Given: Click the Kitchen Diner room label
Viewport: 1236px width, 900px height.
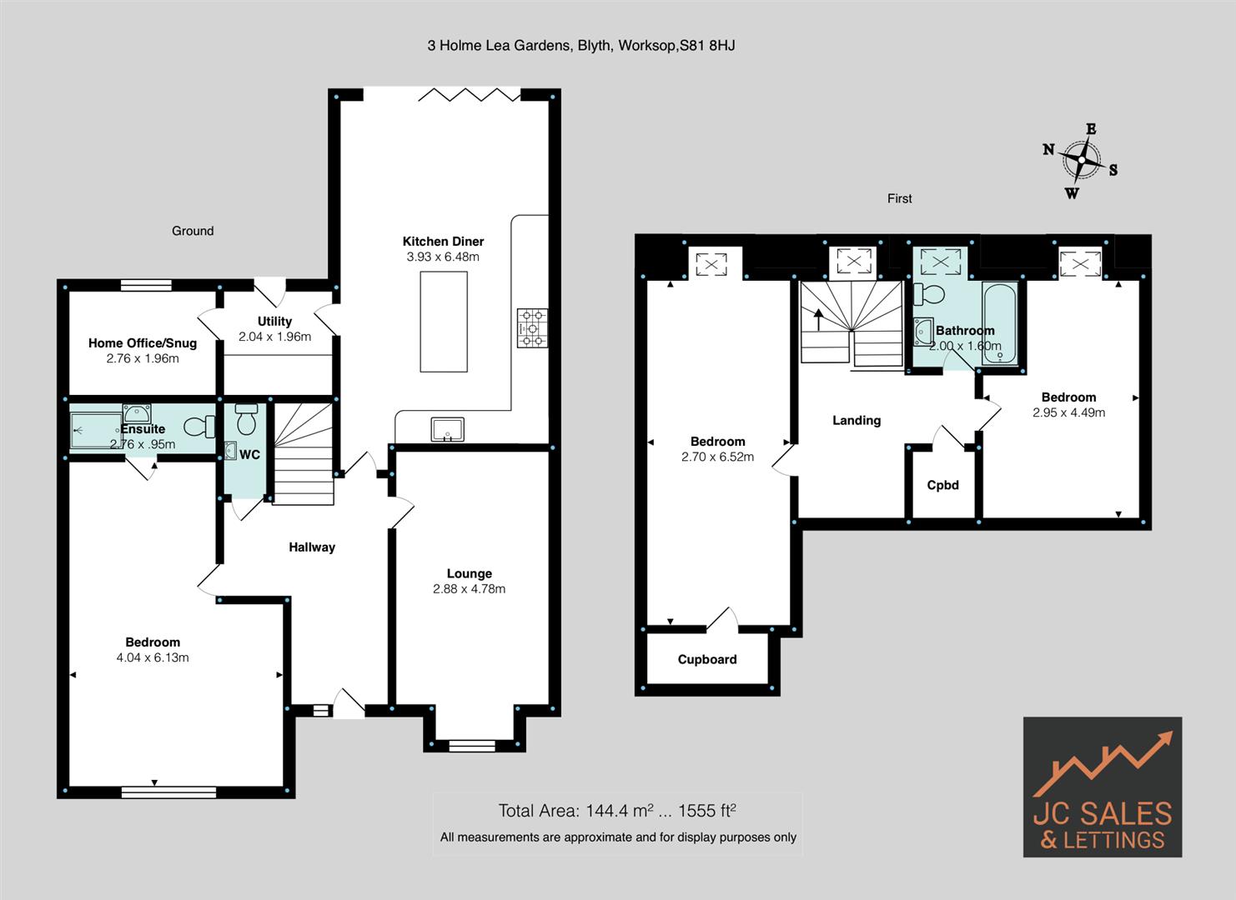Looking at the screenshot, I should [x=443, y=242].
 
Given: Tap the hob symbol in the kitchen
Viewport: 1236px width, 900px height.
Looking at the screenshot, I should [x=533, y=327].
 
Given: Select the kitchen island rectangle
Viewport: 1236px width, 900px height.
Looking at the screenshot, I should [x=444, y=321].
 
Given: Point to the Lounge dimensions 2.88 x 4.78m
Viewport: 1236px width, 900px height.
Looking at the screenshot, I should [x=469, y=589].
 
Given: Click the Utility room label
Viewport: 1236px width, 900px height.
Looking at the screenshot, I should [x=274, y=322].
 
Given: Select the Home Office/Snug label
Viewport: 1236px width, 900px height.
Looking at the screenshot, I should [x=143, y=343].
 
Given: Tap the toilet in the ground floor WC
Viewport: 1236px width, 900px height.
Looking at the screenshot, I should [x=246, y=419].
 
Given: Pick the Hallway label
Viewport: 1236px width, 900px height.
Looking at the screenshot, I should [x=312, y=547].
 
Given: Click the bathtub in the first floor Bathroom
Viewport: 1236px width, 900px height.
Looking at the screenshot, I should [x=999, y=324].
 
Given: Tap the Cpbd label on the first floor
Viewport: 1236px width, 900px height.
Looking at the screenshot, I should [x=943, y=485].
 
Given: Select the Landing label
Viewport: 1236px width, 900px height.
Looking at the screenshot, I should [x=857, y=421].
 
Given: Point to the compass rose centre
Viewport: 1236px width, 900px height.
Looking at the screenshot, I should [x=1082, y=160].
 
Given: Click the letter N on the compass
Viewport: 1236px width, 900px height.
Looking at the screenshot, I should [x=1049, y=150].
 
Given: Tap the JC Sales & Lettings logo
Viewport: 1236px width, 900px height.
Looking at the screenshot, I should [x=1102, y=787].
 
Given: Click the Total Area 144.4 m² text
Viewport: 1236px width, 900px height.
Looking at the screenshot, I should [x=617, y=811].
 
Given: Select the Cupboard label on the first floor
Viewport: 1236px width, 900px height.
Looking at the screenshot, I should [x=707, y=660].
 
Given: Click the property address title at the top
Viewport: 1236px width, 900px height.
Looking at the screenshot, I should [x=581, y=46].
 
